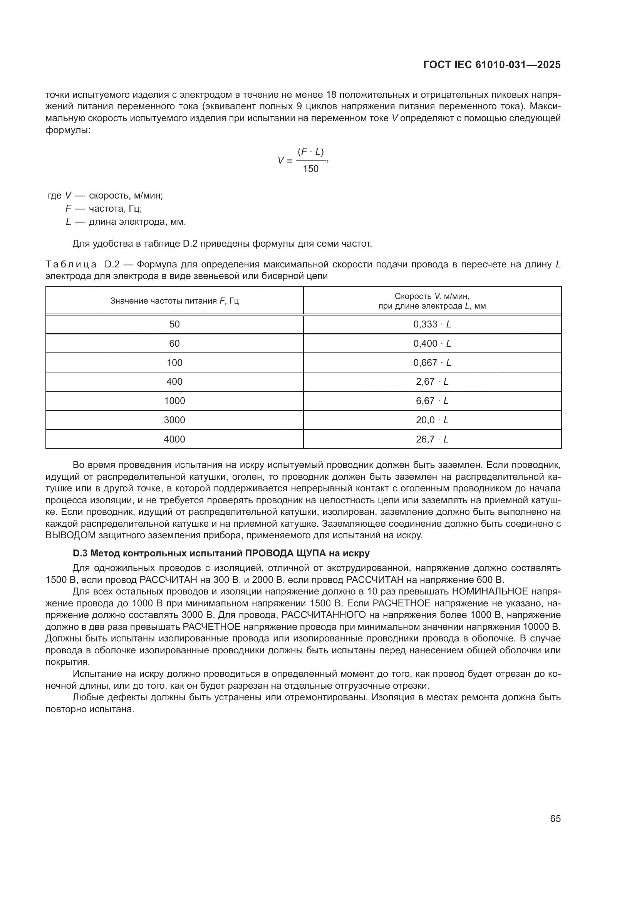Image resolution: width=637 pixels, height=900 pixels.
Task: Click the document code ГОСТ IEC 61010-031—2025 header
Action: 492,65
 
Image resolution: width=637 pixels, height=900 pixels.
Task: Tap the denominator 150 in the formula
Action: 311,169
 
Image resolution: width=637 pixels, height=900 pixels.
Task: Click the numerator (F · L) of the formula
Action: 311,151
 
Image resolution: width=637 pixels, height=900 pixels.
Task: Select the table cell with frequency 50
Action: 174,324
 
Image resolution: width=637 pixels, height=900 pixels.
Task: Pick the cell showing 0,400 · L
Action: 432,343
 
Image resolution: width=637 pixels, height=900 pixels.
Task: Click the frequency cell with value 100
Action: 174,362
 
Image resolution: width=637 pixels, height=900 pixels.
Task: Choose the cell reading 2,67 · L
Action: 432,381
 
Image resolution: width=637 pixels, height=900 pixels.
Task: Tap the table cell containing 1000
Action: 174,401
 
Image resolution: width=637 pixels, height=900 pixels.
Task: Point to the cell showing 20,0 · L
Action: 432,420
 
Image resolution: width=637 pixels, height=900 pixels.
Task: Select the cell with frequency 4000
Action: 174,439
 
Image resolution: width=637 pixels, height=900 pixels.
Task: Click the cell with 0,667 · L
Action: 432,362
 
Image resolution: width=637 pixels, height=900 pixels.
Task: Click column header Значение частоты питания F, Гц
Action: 174,301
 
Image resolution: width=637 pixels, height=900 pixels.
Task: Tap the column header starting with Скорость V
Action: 432,301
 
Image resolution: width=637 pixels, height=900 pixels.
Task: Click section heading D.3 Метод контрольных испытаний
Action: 221,553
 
